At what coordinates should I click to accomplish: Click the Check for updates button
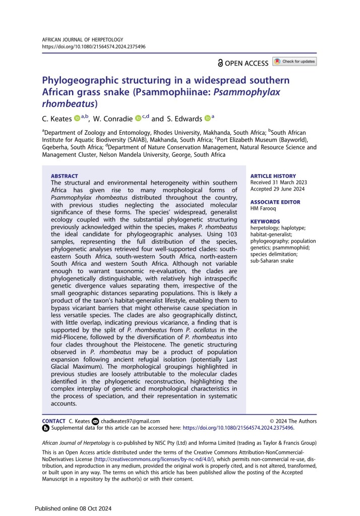[294, 62]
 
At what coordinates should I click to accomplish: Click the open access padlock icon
[220, 63]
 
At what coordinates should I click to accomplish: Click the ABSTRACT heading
[64, 176]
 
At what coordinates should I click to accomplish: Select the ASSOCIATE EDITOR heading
[275, 202]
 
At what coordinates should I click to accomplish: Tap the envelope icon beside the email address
[95, 421]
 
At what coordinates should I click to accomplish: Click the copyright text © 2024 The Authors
[293, 421]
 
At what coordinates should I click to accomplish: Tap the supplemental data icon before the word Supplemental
[45, 428]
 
